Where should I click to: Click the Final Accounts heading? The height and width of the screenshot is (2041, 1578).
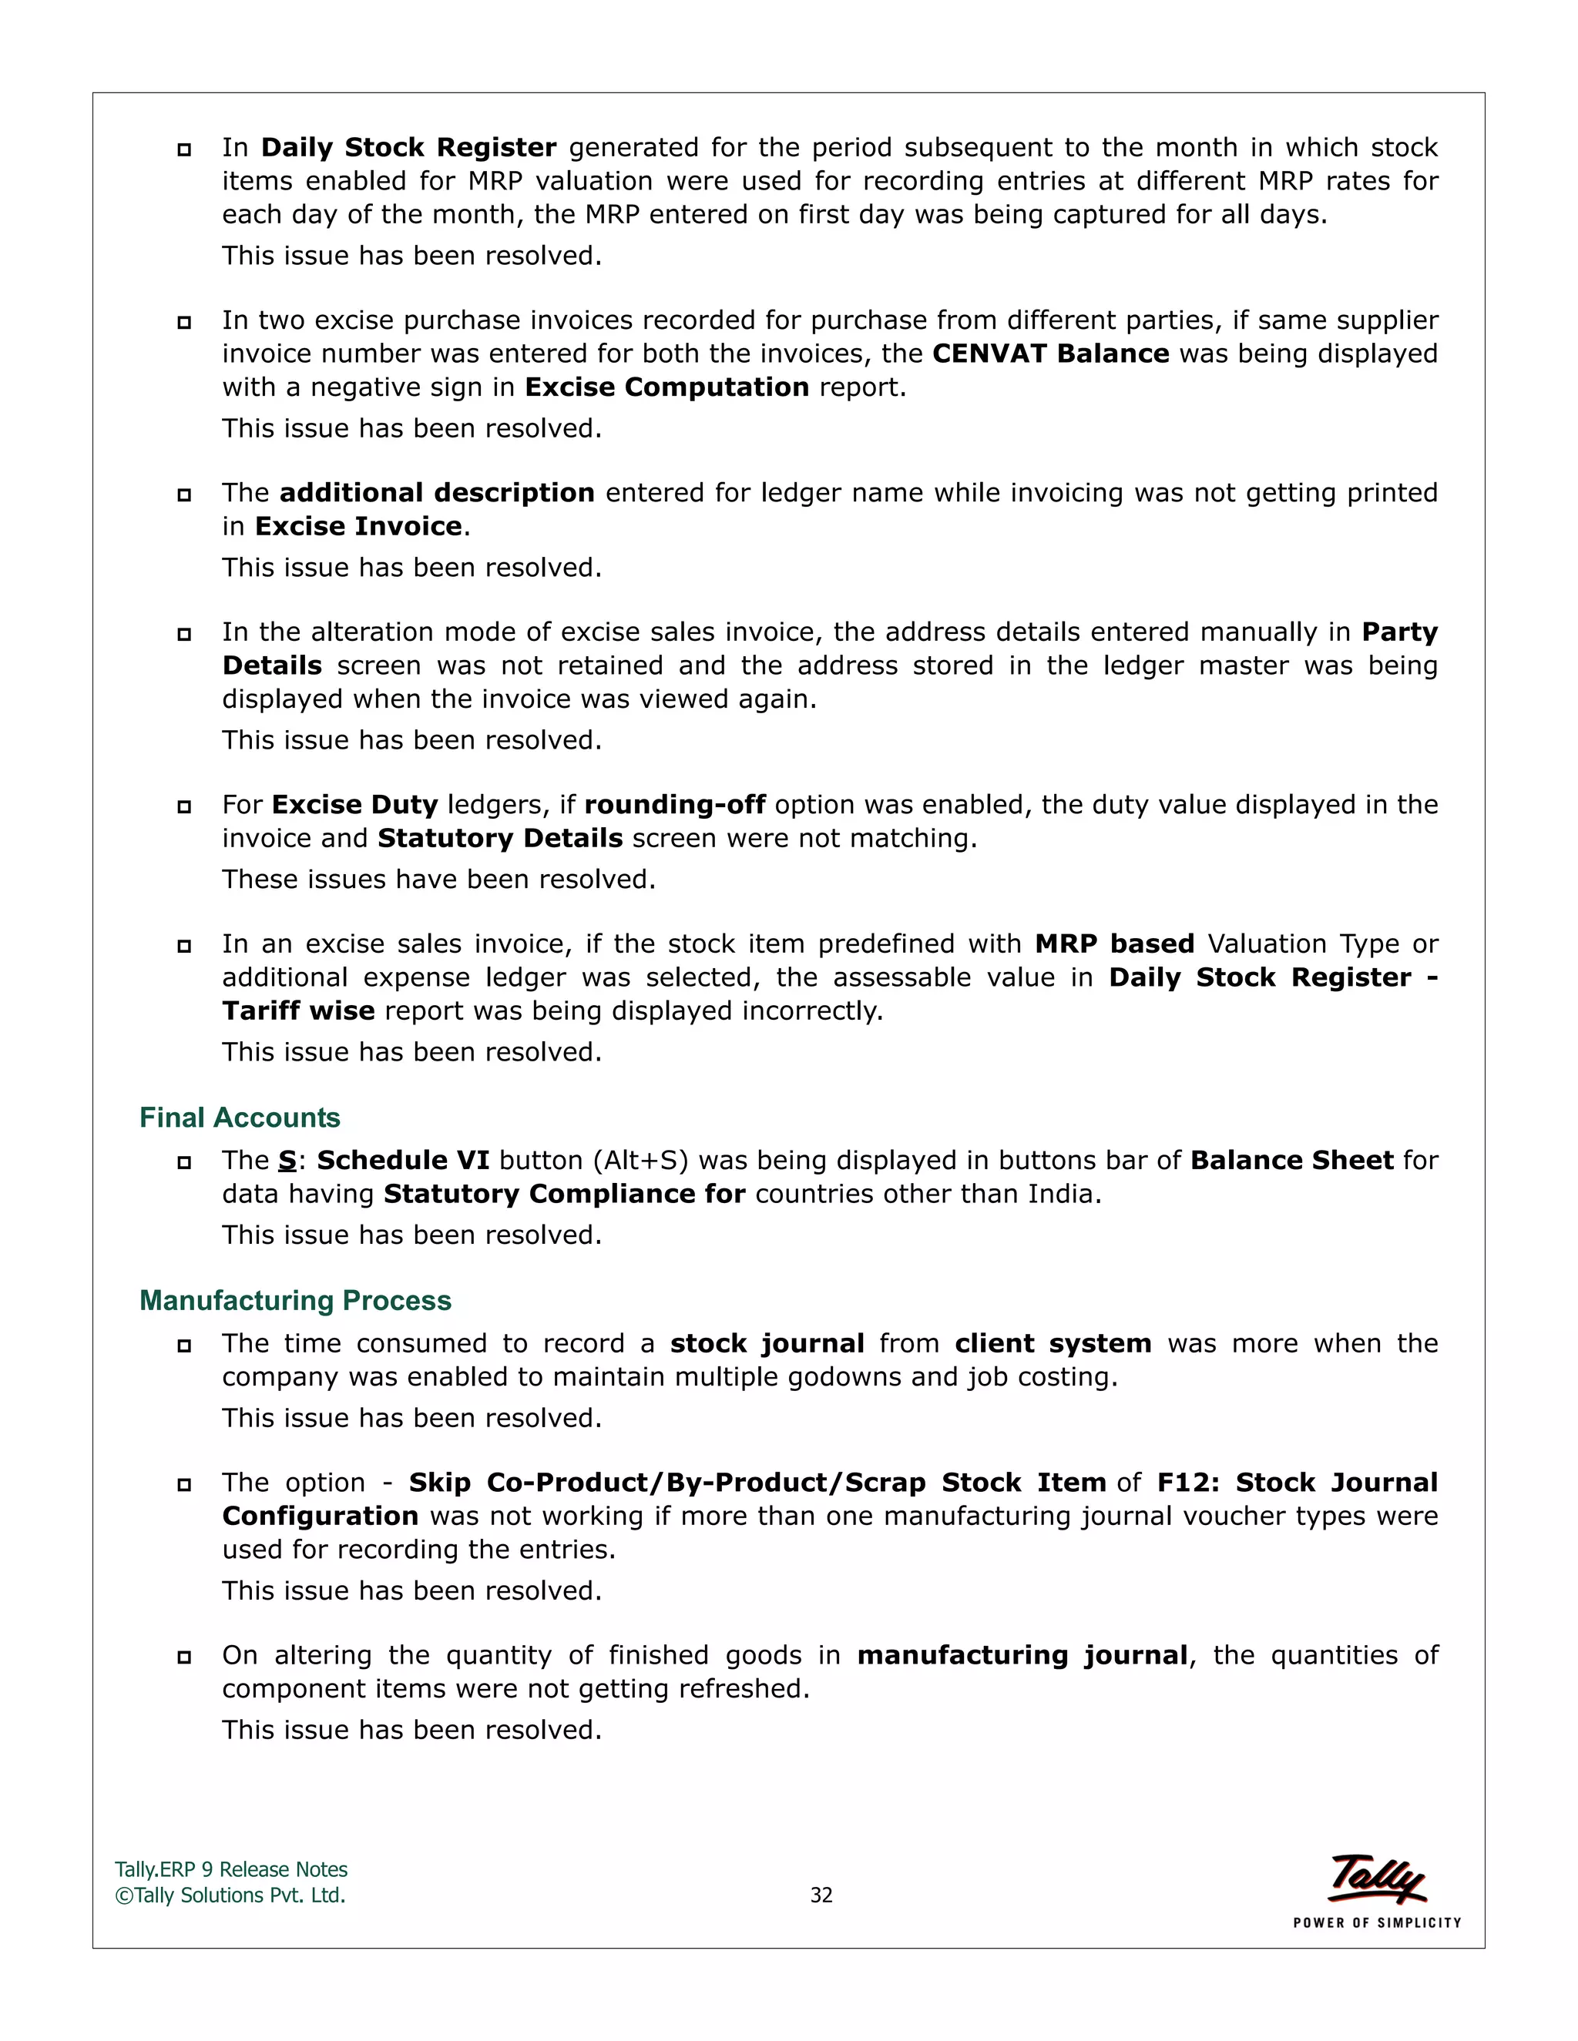pyautogui.click(x=240, y=1118)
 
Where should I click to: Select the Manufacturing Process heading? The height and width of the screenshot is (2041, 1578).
pyautogui.click(x=294, y=1301)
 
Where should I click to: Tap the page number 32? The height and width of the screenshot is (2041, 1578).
pyautogui.click(x=821, y=1895)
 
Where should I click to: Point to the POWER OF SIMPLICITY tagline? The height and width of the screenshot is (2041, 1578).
pyautogui.click(x=1377, y=1923)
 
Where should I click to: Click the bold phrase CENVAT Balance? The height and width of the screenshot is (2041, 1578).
pyautogui.click(x=1051, y=354)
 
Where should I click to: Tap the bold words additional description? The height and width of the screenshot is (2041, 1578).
pyautogui.click(x=437, y=494)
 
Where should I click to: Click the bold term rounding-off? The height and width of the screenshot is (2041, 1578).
pyautogui.click(x=675, y=806)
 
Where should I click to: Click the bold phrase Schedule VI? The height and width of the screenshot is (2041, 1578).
pyautogui.click(x=403, y=1161)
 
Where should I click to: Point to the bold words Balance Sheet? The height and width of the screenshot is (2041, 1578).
pyautogui.click(x=1292, y=1161)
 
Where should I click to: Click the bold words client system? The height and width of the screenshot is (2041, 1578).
pyautogui.click(x=1053, y=1344)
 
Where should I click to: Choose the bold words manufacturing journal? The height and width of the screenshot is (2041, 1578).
pyautogui.click(x=1022, y=1656)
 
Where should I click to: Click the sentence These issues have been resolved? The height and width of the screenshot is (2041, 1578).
pyautogui.click(x=438, y=880)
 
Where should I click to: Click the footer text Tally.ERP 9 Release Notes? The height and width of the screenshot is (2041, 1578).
pyautogui.click(x=231, y=1870)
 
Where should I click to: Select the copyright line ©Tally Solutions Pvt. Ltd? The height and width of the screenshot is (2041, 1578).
pyautogui.click(x=230, y=1895)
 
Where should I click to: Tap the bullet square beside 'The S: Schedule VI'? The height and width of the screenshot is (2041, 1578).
pyautogui.click(x=184, y=1162)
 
